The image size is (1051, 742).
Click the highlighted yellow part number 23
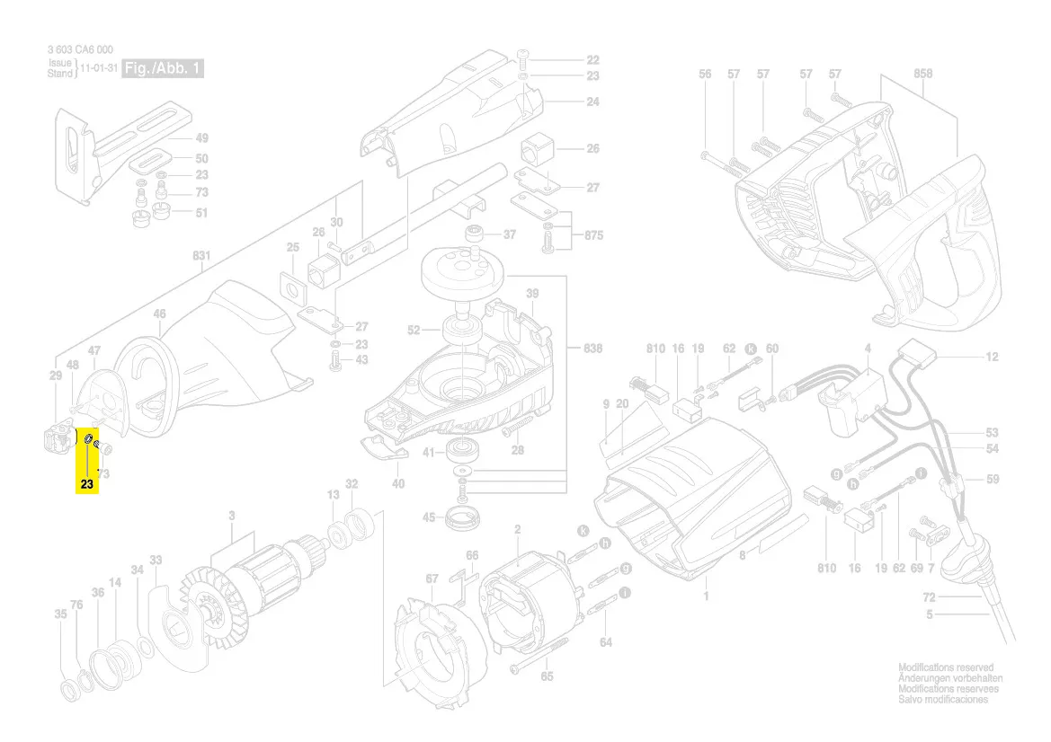86,485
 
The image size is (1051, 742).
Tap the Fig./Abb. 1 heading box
164,69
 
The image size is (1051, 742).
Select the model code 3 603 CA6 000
80,50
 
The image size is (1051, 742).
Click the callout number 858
922,74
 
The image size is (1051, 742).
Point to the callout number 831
200,256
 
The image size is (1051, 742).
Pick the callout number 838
592,348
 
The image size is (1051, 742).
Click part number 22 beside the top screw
592,59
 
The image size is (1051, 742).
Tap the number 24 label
592,102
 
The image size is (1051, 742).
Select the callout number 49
201,138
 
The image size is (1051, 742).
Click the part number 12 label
992,357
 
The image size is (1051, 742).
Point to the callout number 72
930,597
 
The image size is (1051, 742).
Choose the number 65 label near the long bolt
547,676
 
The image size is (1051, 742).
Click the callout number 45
429,517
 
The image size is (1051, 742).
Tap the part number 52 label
413,331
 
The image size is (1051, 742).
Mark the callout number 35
60,615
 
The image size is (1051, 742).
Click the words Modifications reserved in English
946,668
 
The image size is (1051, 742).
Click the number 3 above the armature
232,516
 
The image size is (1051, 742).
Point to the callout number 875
592,235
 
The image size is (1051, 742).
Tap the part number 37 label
510,234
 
